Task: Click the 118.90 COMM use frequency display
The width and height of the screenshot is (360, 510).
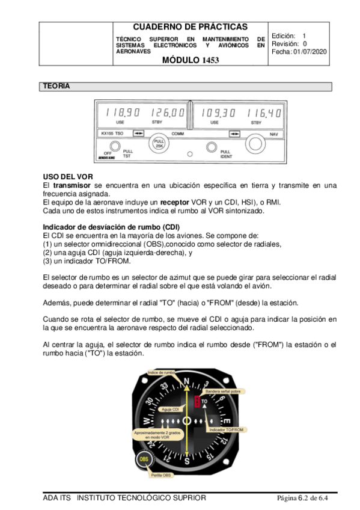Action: pos(123,112)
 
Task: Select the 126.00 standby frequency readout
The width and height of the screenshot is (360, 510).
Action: pos(167,112)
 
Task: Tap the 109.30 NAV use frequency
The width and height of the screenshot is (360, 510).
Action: pos(218,113)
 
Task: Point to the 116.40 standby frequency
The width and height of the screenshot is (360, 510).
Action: pos(264,113)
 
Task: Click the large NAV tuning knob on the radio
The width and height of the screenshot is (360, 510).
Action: pos(255,144)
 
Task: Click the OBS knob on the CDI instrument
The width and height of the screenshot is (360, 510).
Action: pos(144,459)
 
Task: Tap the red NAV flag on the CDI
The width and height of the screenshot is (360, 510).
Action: pos(197,401)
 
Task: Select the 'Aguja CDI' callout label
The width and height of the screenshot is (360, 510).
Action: pos(171,409)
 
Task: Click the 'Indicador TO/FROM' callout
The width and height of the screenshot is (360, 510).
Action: pos(226,429)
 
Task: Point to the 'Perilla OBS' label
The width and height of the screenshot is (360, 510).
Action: pos(160,475)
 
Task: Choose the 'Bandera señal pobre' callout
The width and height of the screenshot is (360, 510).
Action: pos(223,392)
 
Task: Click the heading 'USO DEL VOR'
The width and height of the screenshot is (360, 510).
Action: pos(68,177)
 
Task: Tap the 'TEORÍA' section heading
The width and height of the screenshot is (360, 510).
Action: pos(56,86)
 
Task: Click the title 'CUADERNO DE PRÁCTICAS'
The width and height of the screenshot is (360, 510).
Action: pos(191,26)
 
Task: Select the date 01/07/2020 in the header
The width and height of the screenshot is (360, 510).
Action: pos(310,52)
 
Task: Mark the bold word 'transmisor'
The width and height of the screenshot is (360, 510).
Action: pos(72,185)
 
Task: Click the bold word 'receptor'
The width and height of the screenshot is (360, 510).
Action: pos(174,202)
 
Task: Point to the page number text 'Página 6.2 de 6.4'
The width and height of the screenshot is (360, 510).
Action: pos(302,498)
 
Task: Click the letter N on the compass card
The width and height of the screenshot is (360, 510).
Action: pos(186,381)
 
